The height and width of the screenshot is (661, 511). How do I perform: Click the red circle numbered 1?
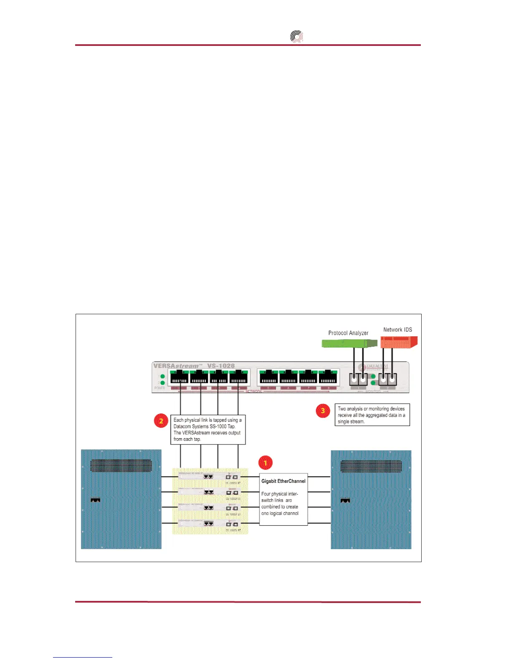coord(265,463)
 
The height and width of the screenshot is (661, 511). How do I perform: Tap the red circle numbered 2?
coord(161,421)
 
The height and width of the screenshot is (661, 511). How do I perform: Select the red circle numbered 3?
coord(323,411)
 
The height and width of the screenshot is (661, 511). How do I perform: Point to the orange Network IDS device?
coord(399,343)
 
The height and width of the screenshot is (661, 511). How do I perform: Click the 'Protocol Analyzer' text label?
coord(348,333)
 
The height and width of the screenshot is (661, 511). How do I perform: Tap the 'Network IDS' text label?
coord(397,330)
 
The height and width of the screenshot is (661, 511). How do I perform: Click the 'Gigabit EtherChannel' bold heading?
coord(283,481)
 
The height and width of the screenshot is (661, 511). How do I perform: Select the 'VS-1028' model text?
coord(221,366)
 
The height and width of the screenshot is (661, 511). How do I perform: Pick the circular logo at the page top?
coord(296,37)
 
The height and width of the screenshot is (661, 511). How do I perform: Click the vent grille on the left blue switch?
coord(121,465)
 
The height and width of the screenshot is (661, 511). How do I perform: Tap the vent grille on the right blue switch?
coord(371,466)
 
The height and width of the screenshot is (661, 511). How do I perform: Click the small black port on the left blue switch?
coord(95,500)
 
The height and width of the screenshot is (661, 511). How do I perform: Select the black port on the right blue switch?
coord(345,500)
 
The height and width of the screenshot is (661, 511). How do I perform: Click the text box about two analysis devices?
coord(372,415)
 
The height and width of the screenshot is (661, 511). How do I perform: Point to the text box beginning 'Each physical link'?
coord(208,429)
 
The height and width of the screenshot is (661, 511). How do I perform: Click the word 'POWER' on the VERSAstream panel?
coord(159,388)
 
